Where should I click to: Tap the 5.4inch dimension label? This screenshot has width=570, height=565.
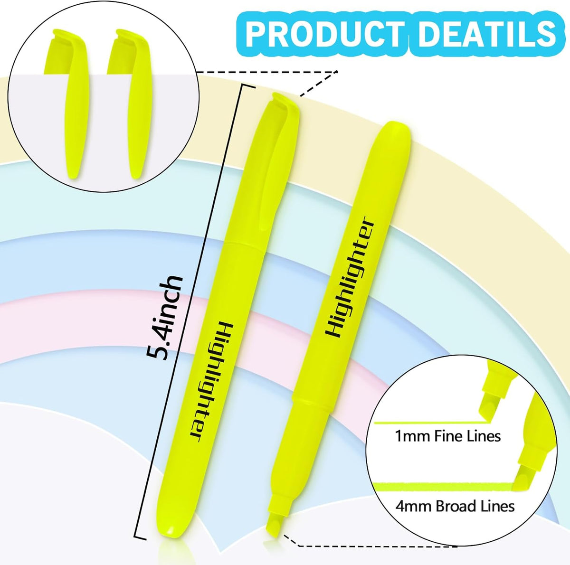(x=164, y=318)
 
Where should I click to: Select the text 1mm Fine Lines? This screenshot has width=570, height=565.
(x=448, y=436)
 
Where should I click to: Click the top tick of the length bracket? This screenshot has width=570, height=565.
(x=248, y=86)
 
